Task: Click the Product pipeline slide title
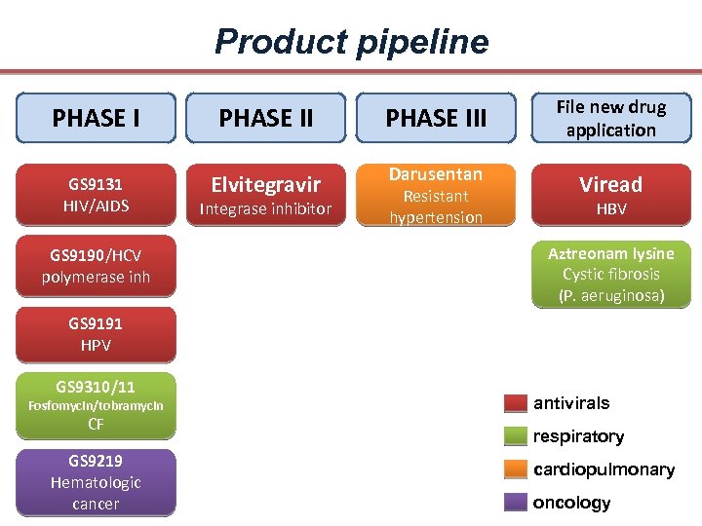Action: coord(351,42)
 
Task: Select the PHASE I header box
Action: coord(96,118)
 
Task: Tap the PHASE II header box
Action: coord(266,118)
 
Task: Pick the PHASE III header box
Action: coord(436,118)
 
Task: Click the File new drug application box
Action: coord(611,118)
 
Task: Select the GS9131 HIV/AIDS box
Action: coord(96,194)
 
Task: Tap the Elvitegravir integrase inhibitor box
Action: coord(266,194)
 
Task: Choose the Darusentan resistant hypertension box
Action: coord(436,195)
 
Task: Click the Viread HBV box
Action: coord(611,194)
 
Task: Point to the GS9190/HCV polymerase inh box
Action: coord(96,266)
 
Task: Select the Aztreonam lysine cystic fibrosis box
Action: coord(611,275)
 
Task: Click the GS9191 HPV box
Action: coord(96,334)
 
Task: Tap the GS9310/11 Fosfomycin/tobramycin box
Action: coord(96,403)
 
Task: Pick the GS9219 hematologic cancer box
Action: coord(96,482)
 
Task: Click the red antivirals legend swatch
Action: coord(516,403)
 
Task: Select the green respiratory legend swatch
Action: coord(516,436)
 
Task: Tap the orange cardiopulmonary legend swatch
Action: coord(516,470)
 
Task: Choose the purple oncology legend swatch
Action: coord(516,503)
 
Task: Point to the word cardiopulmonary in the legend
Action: coord(604,470)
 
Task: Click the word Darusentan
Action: coord(436,174)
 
